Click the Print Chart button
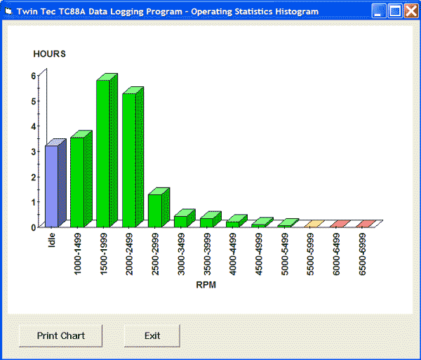pyautogui.click(x=61, y=335)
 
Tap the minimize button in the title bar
pyautogui.click(x=379, y=11)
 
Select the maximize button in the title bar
pyautogui.click(x=395, y=11)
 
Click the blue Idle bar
pyautogui.click(x=52, y=186)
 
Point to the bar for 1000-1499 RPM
pyautogui.click(x=77, y=182)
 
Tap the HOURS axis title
pyautogui.click(x=49, y=54)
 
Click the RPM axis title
pyautogui.click(x=206, y=285)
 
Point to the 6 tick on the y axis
pyautogui.click(x=34, y=75)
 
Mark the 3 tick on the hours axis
pyautogui.click(x=34, y=152)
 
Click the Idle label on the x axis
pyautogui.click(x=52, y=240)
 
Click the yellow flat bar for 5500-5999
pyautogui.click(x=314, y=224)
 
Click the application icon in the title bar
pyautogui.click(x=8, y=11)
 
